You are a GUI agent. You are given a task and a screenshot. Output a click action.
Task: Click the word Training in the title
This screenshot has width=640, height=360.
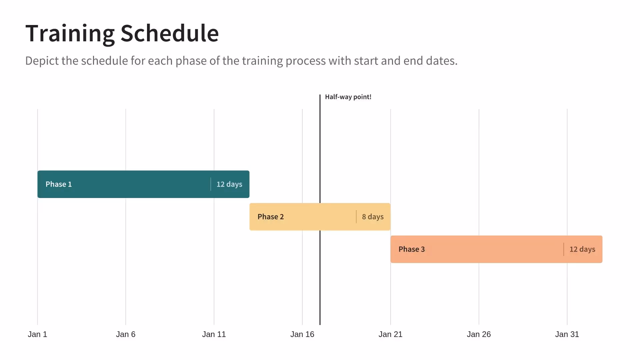(x=70, y=34)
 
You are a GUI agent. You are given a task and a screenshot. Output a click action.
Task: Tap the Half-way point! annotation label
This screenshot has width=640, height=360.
(x=348, y=97)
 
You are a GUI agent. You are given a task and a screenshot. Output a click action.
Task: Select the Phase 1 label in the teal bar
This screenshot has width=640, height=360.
(x=59, y=184)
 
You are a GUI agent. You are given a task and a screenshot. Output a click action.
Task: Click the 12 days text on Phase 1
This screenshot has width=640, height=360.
(x=229, y=184)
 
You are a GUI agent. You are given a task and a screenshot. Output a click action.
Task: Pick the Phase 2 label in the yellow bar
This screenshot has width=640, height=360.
(x=271, y=217)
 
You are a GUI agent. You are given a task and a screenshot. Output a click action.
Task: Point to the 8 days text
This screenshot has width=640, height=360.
(x=373, y=217)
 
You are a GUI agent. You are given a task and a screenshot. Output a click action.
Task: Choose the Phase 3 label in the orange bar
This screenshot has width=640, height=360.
(x=412, y=249)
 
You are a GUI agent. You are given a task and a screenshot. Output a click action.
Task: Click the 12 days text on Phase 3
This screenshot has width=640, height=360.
(x=582, y=249)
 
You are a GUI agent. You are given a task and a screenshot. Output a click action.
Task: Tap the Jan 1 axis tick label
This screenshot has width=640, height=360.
(x=37, y=334)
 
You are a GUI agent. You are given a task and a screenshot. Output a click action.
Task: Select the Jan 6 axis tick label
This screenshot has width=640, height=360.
(x=126, y=334)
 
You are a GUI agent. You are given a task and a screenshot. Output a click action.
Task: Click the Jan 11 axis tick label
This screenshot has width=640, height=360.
(x=214, y=334)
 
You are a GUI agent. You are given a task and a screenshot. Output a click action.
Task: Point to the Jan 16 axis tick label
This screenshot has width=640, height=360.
(x=302, y=334)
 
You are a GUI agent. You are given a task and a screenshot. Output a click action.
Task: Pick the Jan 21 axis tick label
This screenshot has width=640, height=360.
(x=390, y=334)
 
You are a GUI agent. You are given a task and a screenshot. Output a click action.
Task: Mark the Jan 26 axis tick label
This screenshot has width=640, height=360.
(x=479, y=334)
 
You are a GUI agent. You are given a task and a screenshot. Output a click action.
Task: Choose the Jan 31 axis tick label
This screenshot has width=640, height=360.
(x=567, y=334)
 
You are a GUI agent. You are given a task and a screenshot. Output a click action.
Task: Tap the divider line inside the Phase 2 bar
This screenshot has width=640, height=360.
(x=356, y=217)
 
